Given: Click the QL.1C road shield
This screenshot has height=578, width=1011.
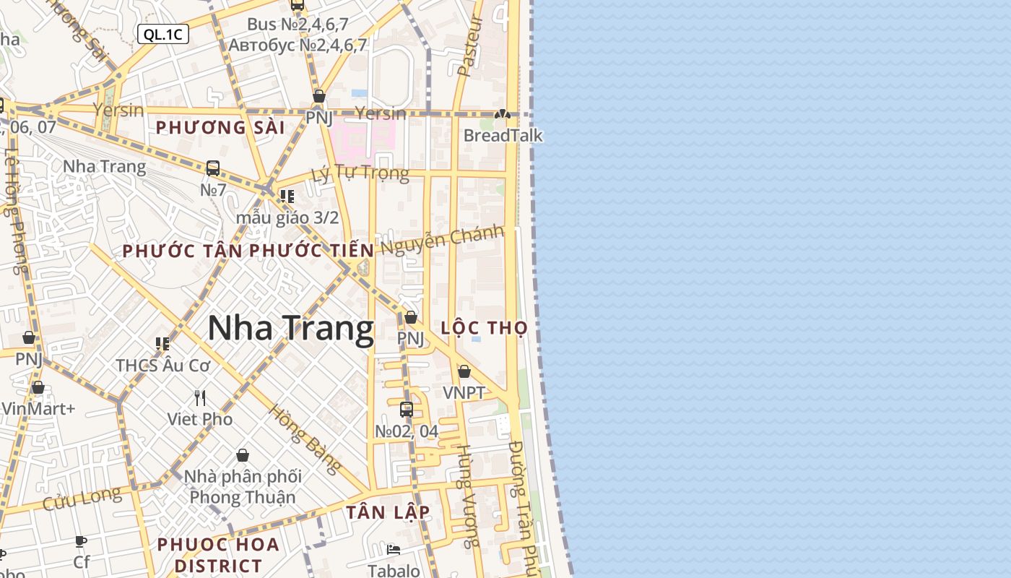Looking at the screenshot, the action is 162,34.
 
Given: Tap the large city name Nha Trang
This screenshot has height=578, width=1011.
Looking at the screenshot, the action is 290,329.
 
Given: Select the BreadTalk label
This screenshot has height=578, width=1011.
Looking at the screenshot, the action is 503,136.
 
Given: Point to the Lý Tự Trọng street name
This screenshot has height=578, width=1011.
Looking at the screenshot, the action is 360,173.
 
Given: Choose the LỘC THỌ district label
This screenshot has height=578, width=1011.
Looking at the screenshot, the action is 485,328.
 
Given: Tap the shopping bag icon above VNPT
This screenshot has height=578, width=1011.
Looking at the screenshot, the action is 464,371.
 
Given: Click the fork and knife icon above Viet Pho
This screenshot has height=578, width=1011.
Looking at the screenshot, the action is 200,397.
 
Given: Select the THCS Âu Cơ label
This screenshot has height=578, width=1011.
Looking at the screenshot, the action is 163,366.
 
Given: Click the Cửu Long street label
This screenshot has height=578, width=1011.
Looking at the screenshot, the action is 82,499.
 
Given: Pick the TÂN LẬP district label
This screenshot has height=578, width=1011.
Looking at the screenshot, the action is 388,512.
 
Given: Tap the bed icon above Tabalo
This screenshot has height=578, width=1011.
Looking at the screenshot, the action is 394,550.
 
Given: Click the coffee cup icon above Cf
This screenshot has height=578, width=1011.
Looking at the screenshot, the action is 81,541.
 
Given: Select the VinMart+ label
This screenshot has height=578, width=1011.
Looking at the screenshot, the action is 38,409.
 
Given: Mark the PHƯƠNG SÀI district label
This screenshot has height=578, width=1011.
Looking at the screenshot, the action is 220,128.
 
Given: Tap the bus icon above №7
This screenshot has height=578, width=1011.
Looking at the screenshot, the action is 213,168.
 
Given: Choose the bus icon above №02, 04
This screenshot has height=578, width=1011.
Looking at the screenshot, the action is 407,410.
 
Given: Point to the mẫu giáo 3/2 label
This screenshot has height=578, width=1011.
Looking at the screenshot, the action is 287,217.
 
